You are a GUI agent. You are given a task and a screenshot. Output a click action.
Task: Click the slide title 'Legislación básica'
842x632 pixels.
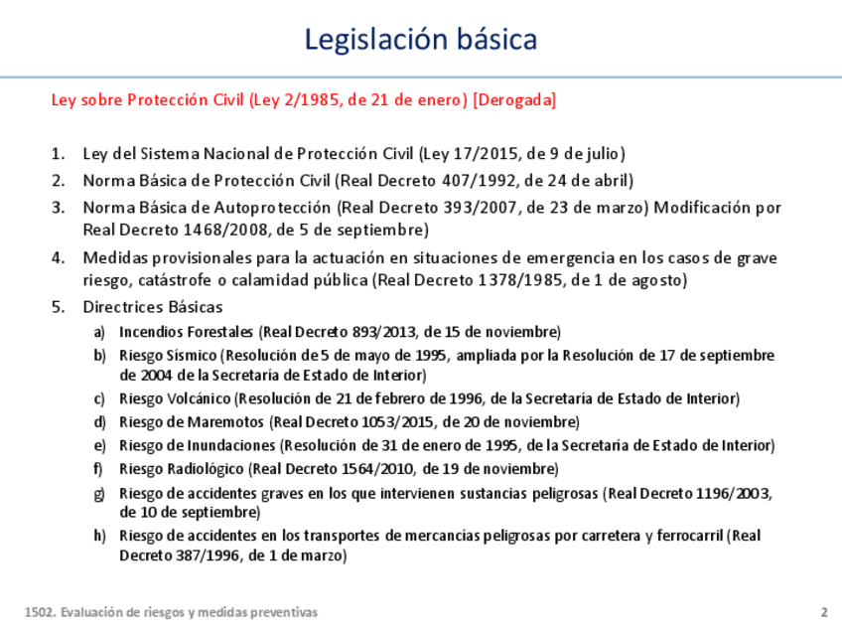tap(421, 39)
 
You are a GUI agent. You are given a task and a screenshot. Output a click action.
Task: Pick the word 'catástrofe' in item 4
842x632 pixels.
tap(180, 280)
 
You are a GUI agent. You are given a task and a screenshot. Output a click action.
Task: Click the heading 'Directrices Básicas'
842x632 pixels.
tap(153, 306)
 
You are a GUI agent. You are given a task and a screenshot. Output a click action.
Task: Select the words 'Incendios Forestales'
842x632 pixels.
tap(187, 331)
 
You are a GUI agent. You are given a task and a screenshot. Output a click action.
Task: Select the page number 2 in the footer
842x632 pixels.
tap(823, 612)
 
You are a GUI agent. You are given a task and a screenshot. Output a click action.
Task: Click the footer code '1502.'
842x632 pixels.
tap(38, 613)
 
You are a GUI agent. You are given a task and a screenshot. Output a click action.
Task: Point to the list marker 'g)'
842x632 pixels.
tap(98, 492)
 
